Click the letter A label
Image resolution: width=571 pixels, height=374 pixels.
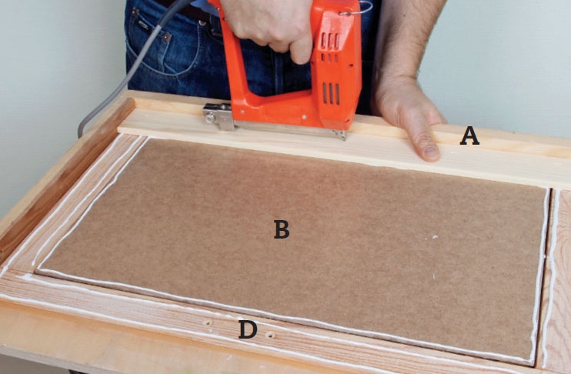pyautogui.click(x=469, y=136)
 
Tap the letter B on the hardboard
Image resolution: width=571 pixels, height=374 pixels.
pyautogui.click(x=282, y=229)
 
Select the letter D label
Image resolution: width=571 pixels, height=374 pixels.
pyautogui.click(x=248, y=329)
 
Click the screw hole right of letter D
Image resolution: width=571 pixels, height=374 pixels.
pyautogui.click(x=270, y=335)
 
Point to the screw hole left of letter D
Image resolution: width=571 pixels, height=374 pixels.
pyautogui.click(x=208, y=322)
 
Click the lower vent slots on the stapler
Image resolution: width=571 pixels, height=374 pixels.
pyautogui.click(x=331, y=94)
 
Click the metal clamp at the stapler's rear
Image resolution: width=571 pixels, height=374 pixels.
pyautogui.click(x=219, y=115)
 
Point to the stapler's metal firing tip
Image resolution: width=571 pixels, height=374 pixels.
pyautogui.click(x=342, y=135)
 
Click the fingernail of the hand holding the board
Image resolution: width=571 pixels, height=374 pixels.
pyautogui.click(x=431, y=153)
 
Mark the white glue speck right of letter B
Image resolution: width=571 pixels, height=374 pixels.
pyautogui.click(x=435, y=237)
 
